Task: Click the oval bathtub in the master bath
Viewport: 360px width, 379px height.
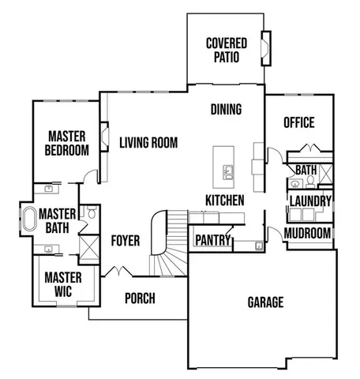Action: coord(28,219)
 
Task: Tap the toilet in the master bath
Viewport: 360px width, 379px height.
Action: coord(92,213)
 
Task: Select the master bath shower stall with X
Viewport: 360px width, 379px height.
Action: coord(90,247)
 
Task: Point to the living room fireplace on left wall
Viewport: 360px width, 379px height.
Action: coord(104,135)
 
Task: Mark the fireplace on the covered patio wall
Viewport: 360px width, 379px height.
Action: coord(266,49)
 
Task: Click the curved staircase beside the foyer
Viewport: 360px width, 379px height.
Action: coord(167,245)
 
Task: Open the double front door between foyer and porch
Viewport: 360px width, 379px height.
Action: coord(118,273)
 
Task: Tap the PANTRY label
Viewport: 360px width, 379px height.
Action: coord(212,239)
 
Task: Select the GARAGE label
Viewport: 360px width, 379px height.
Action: coord(265,302)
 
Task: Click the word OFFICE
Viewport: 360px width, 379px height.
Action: coord(298,122)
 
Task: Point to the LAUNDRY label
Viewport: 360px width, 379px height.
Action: coord(309,201)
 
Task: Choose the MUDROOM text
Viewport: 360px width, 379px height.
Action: coord(307,233)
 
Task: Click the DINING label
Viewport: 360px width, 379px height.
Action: coord(226,110)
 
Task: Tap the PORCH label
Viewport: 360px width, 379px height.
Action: coord(140,298)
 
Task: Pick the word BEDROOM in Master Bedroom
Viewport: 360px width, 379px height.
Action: coord(66,150)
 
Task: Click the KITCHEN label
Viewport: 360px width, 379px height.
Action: coord(224,201)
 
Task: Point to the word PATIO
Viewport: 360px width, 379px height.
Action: coord(226,57)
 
